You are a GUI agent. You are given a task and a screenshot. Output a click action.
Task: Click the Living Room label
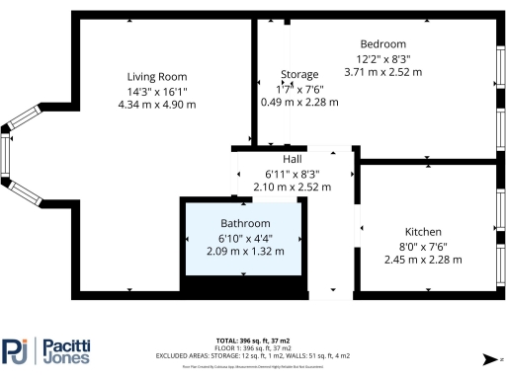point(157,77)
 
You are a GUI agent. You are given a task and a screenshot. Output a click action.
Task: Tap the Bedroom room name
point(382,44)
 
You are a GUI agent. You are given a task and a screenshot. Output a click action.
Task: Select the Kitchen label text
point(407,231)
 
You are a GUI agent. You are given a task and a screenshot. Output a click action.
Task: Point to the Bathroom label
point(245,223)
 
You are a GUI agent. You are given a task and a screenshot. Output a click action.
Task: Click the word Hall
point(293,159)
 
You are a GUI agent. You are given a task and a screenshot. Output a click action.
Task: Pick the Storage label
point(299,75)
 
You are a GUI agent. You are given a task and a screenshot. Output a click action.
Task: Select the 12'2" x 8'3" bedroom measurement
point(382,58)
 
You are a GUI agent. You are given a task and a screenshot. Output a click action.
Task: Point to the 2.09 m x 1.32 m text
point(245,251)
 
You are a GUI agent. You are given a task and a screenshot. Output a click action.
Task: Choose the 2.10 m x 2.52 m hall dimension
point(293,186)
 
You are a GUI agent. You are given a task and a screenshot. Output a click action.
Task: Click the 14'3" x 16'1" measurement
point(157,91)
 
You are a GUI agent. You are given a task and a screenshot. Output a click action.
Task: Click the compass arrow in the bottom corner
point(486,358)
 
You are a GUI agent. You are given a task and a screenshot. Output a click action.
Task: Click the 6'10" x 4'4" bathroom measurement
point(245,238)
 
